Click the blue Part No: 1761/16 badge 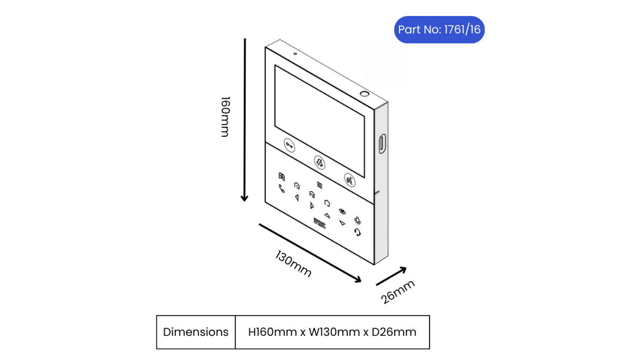(x=439, y=30)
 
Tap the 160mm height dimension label (x=225, y=117)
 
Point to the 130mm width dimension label (x=293, y=264)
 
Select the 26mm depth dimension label (x=398, y=292)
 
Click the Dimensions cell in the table (x=196, y=332)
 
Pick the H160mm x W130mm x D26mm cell (x=332, y=332)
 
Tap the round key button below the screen (x=289, y=146)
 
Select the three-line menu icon (x=320, y=186)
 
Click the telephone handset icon (x=282, y=188)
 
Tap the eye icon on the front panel (x=342, y=212)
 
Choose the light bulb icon (x=358, y=220)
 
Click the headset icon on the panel (x=358, y=232)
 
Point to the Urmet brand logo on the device (x=320, y=223)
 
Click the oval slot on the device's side (x=382, y=144)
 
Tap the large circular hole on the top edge (x=364, y=94)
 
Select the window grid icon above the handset (x=282, y=176)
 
